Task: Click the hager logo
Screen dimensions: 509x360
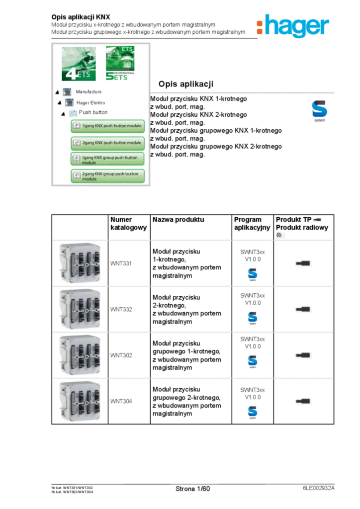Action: (x=292, y=25)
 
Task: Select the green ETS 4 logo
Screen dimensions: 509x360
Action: (x=78, y=65)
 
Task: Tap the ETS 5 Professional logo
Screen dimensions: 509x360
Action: (x=119, y=64)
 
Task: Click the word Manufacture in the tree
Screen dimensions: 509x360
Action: (x=89, y=92)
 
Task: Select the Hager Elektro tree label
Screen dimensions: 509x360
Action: (x=90, y=103)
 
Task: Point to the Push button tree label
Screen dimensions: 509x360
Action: (x=93, y=113)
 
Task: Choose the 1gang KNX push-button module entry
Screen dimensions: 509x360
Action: (x=108, y=126)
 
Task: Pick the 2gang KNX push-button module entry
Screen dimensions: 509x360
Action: (x=108, y=143)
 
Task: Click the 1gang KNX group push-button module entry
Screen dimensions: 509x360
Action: (x=108, y=160)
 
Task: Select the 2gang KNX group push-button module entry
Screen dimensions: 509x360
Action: (x=108, y=176)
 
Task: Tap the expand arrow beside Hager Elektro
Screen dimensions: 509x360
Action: (x=60, y=103)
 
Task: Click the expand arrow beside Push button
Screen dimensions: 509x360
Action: (x=63, y=114)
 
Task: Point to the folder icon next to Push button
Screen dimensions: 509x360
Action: (x=73, y=113)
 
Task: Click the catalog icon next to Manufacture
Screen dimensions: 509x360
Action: (x=67, y=92)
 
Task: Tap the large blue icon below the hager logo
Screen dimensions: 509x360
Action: (x=320, y=111)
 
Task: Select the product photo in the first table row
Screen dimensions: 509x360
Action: (x=80, y=263)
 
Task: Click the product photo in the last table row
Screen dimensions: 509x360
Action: (x=80, y=401)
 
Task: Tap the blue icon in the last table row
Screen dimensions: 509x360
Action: (x=253, y=414)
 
